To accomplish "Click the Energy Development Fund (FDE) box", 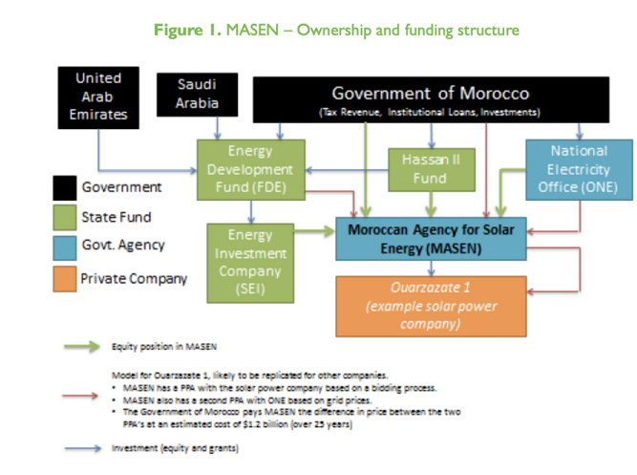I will [251, 169].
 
